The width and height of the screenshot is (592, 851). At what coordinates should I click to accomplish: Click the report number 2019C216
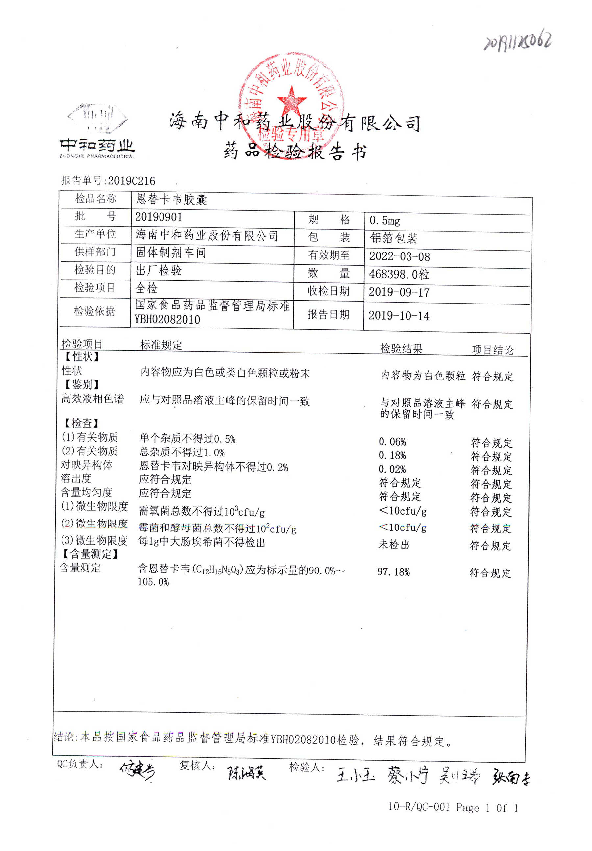coord(131,181)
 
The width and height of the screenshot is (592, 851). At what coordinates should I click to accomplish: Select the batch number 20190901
coord(158,217)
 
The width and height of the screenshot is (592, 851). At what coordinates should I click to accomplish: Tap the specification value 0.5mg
coord(384,221)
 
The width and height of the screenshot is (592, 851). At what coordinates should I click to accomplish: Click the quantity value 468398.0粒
coord(399,274)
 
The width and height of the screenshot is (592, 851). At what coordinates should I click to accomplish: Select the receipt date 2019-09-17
coord(399,292)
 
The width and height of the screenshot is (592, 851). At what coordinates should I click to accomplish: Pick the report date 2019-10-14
coord(399,316)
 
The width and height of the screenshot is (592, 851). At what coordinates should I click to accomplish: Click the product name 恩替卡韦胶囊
coord(171,199)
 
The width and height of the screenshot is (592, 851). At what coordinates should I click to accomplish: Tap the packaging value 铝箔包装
coord(393,238)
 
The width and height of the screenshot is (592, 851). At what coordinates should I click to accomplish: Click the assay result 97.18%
coord(393,572)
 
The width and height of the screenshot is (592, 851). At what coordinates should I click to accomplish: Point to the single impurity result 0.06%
coord(392,442)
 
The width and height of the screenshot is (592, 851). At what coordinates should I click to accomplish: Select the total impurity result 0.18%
coord(392,455)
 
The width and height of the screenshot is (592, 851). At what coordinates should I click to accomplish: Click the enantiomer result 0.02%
coord(392,469)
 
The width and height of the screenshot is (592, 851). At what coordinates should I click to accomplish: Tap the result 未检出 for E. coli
coord(393,545)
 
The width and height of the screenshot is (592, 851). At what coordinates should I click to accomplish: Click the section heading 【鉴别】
coord(82,385)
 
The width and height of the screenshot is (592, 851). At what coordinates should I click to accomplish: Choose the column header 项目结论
coord(492,350)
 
